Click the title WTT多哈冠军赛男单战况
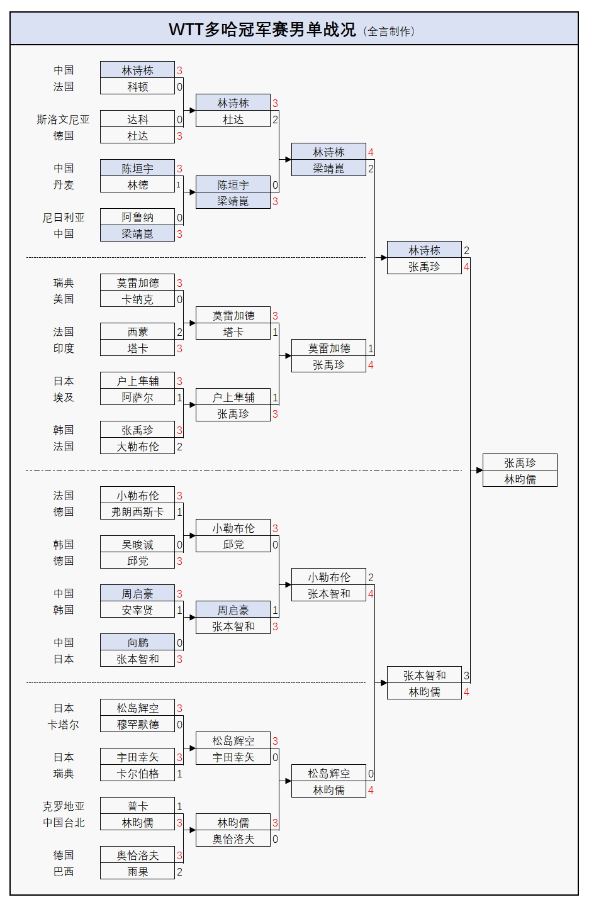[x=262, y=30]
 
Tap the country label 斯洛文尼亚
[x=63, y=120]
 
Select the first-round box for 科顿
[x=137, y=87]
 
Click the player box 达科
[x=137, y=120]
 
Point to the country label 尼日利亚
[x=63, y=218]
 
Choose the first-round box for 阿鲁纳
[x=137, y=218]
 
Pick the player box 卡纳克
[x=137, y=299]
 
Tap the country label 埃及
[x=63, y=398]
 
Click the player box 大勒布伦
[x=137, y=447]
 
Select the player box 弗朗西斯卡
[x=137, y=512]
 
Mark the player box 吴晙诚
[x=137, y=545]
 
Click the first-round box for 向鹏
[x=137, y=643]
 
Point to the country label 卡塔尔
[x=63, y=725]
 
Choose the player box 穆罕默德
[x=137, y=725]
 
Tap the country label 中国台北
[x=63, y=823]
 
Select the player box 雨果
[x=137, y=872]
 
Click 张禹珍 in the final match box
[x=520, y=463]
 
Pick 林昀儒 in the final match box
[x=520, y=479]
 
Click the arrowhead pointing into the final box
[x=480, y=470]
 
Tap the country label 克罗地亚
[x=63, y=806]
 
